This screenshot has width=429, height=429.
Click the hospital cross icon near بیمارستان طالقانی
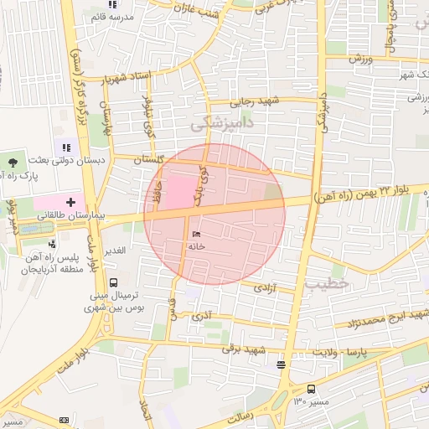(70, 202)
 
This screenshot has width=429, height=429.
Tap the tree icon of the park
(13, 162)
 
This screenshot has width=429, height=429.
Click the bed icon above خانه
(196, 234)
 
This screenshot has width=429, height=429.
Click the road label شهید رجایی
(254, 101)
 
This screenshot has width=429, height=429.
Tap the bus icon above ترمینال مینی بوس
(113, 282)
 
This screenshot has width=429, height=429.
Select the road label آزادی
(264, 287)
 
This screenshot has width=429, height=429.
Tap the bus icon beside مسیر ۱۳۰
(311, 389)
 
